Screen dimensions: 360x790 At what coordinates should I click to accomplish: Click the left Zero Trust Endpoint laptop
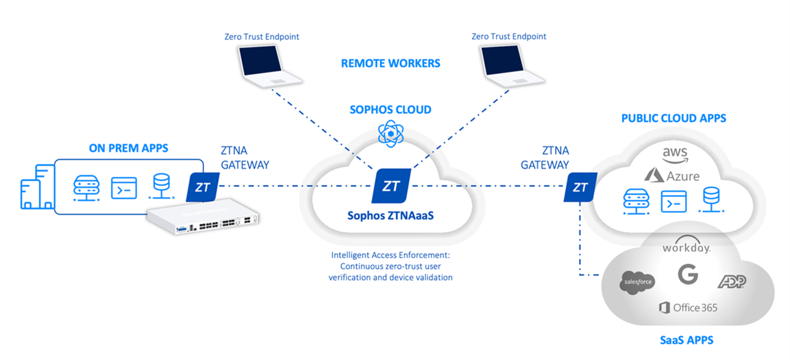pyautogui.click(x=261, y=67)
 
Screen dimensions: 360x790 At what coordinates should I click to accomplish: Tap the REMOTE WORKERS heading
pyautogui.click(x=390, y=63)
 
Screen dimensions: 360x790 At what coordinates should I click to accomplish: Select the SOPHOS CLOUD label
pyautogui.click(x=390, y=110)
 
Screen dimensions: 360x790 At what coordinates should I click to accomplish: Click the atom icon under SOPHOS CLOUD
pyautogui.click(x=390, y=133)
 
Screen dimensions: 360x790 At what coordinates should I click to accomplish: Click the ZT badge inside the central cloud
pyautogui.click(x=391, y=186)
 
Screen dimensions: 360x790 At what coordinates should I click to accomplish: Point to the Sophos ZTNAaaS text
pyautogui.click(x=390, y=216)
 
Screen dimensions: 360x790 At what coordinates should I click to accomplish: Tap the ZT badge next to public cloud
pyautogui.click(x=580, y=187)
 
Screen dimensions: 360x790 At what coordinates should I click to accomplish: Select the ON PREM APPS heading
pyautogui.click(x=129, y=149)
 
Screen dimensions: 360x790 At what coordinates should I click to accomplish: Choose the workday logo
pyautogui.click(x=686, y=247)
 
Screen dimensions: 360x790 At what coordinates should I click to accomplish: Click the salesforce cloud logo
pyautogui.click(x=637, y=282)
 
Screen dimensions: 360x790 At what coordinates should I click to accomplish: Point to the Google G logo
pyautogui.click(x=688, y=275)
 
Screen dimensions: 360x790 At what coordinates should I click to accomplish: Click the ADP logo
pyautogui.click(x=732, y=281)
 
